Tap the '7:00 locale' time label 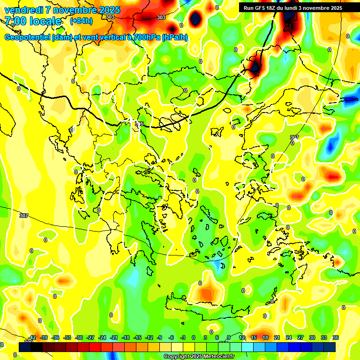(x=33, y=21)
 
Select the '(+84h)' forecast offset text (x=81, y=21)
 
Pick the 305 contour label (x=139, y=123)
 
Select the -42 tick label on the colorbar (x=32, y=337)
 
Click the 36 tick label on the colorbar (x=336, y=337)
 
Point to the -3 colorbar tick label (x=183, y=337)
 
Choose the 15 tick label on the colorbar (x=254, y=337)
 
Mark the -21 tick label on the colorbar (x=114, y=337)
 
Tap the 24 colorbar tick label (x=289, y=337)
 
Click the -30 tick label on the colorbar (x=79, y=337)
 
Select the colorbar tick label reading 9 (x=229, y=337)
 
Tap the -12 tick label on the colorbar (x=149, y=337)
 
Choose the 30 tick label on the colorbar (x=312, y=337)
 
